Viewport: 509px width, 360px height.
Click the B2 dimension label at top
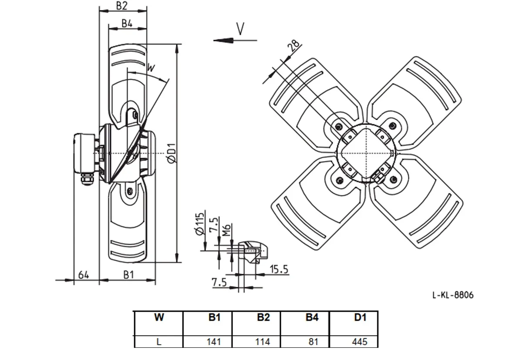coord(121,6)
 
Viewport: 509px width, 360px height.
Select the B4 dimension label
coord(127,24)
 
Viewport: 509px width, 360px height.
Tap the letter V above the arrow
coord(240,29)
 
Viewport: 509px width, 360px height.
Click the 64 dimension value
coord(84,275)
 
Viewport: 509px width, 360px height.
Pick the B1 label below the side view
coord(128,275)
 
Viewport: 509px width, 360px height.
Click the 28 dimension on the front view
coord(295,46)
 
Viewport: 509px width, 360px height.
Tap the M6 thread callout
coord(227,230)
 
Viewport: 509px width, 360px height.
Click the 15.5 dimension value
coord(279,269)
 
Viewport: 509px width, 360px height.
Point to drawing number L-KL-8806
coord(453,295)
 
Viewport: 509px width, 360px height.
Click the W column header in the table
coord(159,317)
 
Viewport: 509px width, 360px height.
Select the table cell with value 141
coord(214,342)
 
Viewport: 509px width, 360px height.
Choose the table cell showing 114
coord(263,342)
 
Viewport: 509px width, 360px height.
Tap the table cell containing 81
coord(313,342)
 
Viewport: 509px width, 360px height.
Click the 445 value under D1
coord(360,342)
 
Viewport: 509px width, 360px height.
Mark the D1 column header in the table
coord(360,317)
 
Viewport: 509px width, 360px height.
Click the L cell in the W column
coord(159,342)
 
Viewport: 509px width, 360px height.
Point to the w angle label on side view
coord(151,68)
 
